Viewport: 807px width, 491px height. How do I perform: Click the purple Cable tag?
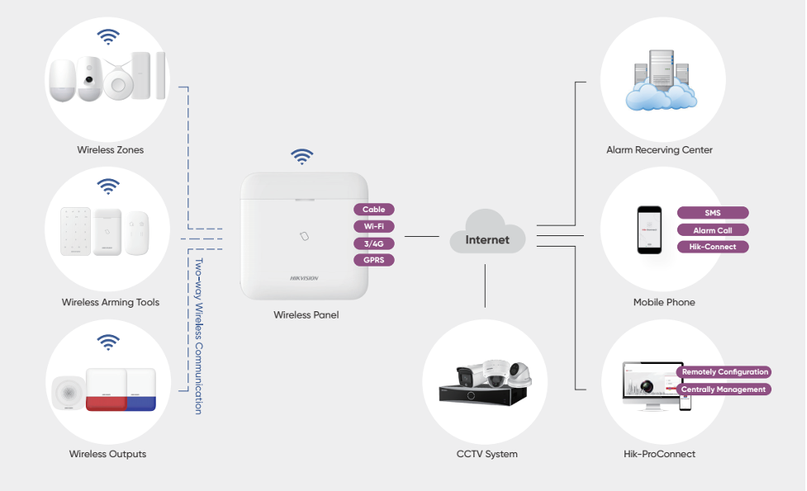[x=373, y=210]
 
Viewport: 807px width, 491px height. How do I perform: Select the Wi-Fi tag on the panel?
[x=373, y=226]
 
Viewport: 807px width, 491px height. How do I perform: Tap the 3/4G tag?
[x=373, y=243]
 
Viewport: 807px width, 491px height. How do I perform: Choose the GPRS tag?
[x=373, y=260]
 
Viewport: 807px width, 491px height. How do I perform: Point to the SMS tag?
[x=712, y=213]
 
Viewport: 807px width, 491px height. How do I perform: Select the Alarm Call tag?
[x=712, y=230]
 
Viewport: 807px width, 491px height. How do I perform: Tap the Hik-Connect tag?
[x=712, y=247]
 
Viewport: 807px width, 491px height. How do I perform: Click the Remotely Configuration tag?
[x=724, y=372]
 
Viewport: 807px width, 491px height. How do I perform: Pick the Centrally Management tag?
[x=724, y=389]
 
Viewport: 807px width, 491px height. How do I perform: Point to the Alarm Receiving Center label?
[x=659, y=150]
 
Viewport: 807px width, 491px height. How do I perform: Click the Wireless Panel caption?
[x=306, y=315]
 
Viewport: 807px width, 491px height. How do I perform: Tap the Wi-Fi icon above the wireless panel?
[x=302, y=156]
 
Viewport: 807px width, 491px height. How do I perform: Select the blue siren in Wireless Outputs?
[x=140, y=390]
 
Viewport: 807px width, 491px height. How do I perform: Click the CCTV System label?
[x=487, y=454]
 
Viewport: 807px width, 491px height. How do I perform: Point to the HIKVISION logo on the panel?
[x=303, y=278]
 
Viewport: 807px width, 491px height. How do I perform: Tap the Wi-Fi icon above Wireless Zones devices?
[x=108, y=36]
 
